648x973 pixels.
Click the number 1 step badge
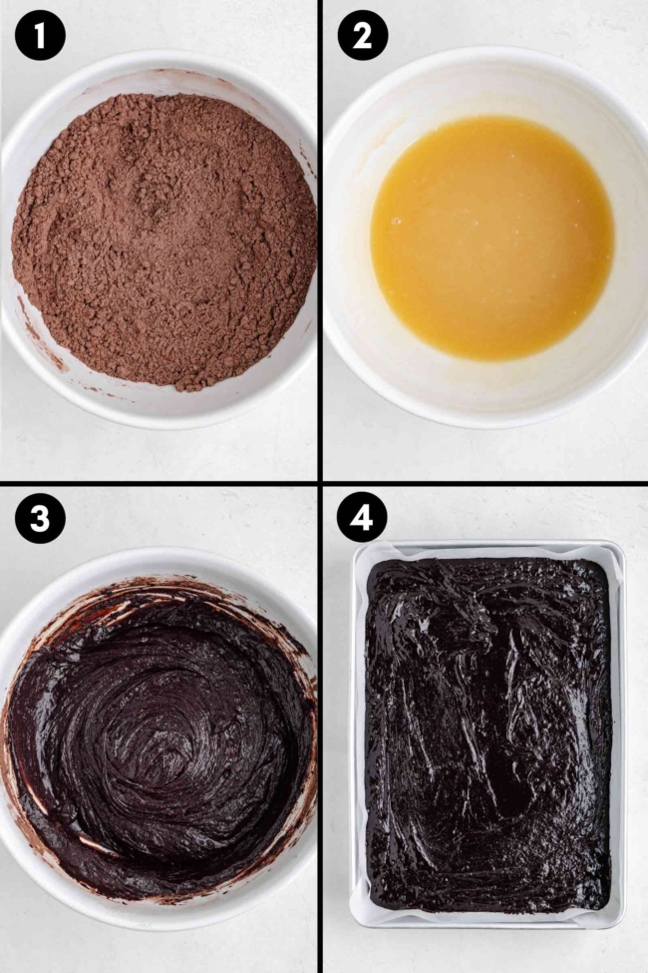pos(40,37)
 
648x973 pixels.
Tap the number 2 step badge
pos(363,37)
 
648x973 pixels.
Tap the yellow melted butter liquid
pos(491,238)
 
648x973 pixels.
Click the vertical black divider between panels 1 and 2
pos(320,240)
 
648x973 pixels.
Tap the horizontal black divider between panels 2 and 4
pos(486,484)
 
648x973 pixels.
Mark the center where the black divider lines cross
pos(320,484)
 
